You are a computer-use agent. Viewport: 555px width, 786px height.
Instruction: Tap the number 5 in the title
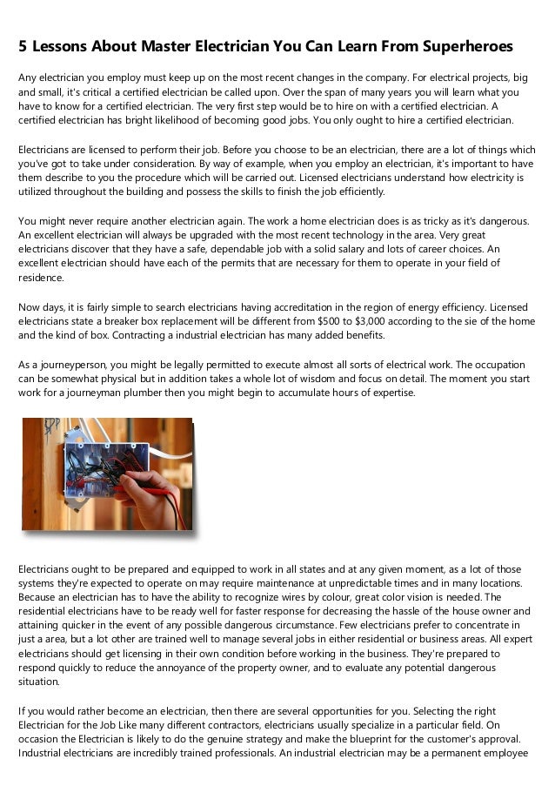23,44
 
